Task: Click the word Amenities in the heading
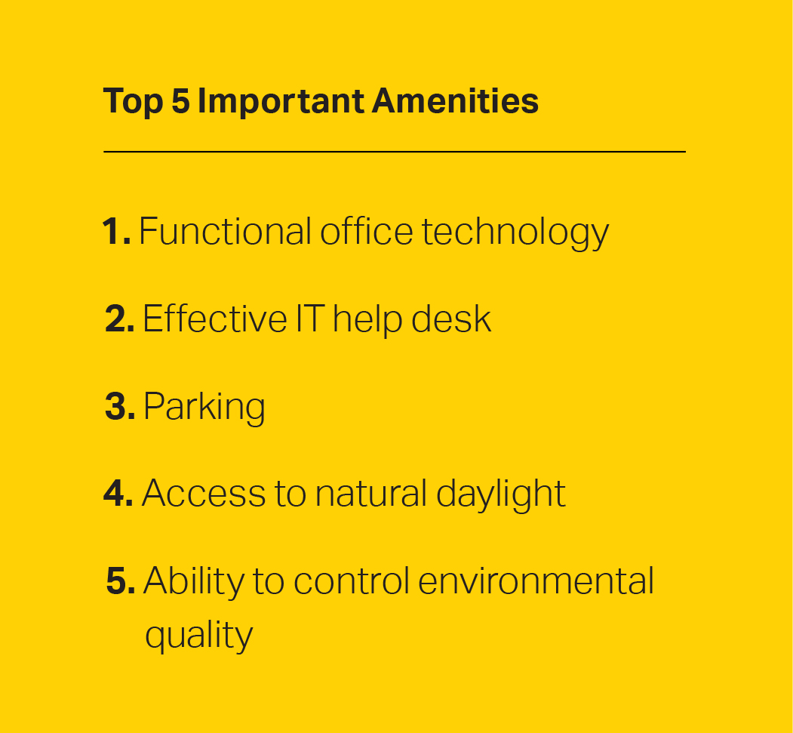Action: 455,100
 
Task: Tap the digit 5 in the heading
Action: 180,100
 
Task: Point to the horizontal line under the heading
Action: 395,151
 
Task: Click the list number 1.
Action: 116,232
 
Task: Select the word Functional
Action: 225,231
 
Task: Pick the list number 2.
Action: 120,319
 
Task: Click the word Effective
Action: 215,319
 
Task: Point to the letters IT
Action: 310,319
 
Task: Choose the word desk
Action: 451,319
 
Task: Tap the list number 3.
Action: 120,406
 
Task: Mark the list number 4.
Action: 118,493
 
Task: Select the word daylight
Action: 501,495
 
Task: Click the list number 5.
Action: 121,581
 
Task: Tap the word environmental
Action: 536,581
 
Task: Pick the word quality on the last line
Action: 198,636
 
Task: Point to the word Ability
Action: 194,583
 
